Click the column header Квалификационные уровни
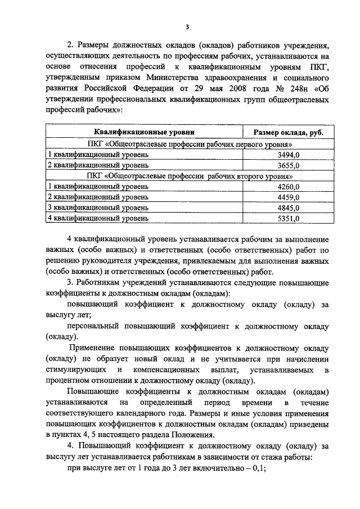(x=144, y=132)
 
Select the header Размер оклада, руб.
(x=288, y=133)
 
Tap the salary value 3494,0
(x=289, y=154)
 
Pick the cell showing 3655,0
(x=289, y=165)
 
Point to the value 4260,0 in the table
(x=289, y=186)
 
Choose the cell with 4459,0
(x=289, y=197)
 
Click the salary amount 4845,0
(x=289, y=208)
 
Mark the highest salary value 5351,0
(x=289, y=218)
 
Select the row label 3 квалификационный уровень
(x=98, y=208)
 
